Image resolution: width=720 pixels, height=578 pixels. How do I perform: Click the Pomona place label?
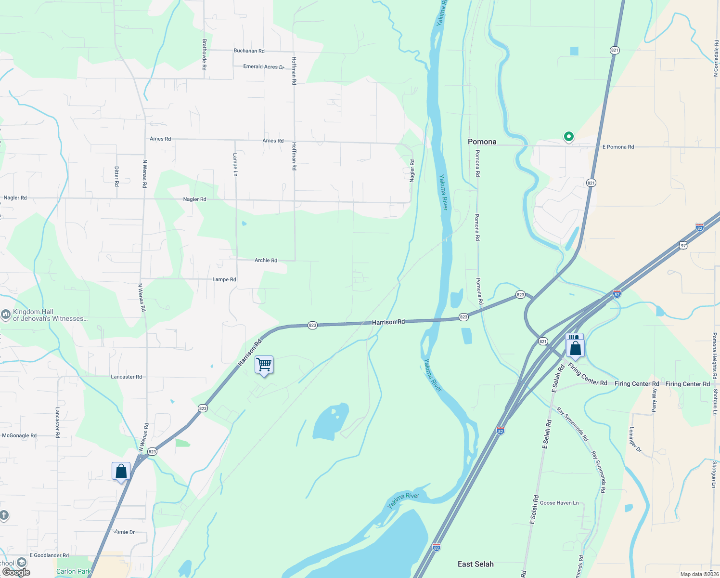point(482,142)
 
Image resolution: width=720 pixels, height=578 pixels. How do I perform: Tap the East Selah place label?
point(476,564)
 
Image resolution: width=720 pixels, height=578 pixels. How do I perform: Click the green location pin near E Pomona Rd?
point(568,137)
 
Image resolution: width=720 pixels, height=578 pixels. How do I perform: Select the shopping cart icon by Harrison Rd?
point(264,365)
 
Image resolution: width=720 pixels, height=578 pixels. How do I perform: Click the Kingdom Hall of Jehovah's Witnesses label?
point(50,315)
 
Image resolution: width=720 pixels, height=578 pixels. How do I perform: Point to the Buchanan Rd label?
point(249,51)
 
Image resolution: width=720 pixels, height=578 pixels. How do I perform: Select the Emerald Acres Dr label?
point(264,66)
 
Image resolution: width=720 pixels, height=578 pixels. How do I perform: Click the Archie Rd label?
point(266,260)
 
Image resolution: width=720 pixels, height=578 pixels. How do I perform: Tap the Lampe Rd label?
point(224,279)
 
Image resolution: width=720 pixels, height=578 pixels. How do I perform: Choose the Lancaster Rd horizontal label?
point(126,377)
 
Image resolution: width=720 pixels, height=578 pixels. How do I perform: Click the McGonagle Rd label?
point(19,435)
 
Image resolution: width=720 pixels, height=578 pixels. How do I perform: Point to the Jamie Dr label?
point(124,532)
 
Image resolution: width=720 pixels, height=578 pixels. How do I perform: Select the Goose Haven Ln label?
point(559,503)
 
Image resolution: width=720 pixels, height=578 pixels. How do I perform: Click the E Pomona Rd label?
point(618,147)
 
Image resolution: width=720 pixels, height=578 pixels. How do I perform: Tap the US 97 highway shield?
point(683,245)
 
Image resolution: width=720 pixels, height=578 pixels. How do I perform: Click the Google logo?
point(16,572)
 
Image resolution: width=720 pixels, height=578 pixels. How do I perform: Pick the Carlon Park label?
point(73,571)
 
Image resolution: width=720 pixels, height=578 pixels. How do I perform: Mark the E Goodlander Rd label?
point(49,555)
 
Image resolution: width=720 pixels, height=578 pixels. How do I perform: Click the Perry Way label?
point(654,400)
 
